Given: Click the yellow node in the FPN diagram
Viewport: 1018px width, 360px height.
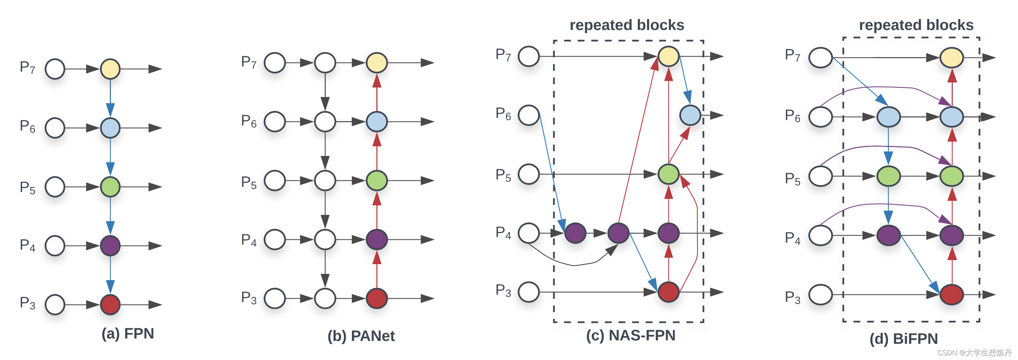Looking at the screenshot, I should coord(110,69).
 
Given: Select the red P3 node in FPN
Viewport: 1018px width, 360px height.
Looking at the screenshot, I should coord(110,305).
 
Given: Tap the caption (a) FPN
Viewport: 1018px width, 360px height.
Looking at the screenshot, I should coord(128,334).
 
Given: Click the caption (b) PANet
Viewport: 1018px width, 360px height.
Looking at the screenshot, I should coord(361,336).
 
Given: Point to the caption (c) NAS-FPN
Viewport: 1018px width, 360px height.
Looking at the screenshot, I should coord(631,335).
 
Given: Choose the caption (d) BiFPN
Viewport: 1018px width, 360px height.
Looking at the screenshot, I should coord(904,339).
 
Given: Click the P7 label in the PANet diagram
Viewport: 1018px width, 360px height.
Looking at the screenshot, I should coord(249,62).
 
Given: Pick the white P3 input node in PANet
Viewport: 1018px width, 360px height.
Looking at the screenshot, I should coord(275,298).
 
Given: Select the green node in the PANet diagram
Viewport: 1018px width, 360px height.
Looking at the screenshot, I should coord(377,181).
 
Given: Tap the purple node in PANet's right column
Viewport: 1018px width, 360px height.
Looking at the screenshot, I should coord(377,239).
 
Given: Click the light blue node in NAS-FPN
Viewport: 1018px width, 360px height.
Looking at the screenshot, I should coord(690,115).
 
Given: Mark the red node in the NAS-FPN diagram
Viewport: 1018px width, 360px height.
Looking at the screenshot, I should coord(668,292).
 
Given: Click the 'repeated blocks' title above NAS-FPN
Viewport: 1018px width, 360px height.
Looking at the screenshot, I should coord(627,25).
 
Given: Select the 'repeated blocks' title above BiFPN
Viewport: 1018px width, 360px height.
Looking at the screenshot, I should coord(916,25).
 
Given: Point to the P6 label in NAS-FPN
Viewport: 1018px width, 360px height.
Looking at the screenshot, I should coord(503,114).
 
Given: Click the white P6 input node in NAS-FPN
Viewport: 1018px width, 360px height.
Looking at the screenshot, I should coord(529,115).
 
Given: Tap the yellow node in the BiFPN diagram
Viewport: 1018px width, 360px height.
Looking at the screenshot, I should coord(952,58).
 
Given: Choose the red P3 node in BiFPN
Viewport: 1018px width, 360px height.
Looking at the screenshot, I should coord(952,294).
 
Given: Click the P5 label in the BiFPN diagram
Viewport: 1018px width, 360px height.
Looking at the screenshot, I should coord(792,179).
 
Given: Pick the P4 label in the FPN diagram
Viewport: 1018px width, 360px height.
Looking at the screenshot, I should coord(28,246).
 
